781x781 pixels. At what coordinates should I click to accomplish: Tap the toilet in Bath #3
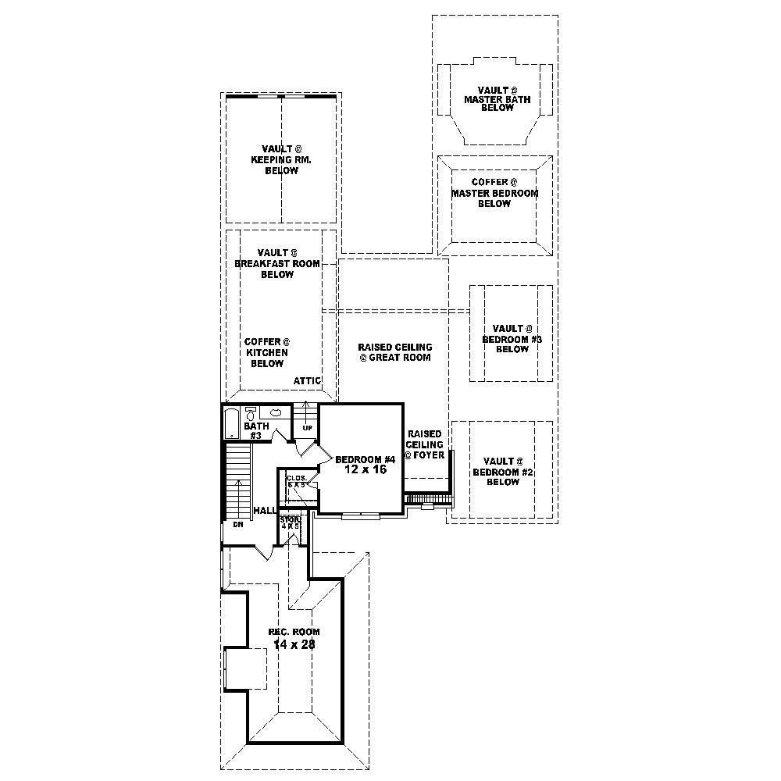251,414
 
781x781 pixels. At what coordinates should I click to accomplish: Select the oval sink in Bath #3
276,412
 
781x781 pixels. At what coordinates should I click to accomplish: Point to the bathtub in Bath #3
231,423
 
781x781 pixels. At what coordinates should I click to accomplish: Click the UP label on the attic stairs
307,428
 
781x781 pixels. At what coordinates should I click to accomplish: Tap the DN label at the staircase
238,525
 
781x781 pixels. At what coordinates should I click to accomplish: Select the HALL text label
265,510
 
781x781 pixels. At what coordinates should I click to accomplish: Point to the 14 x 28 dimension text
294,644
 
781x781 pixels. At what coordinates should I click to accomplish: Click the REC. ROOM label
294,632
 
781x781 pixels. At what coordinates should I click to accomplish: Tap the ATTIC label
308,380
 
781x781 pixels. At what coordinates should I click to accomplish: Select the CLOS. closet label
295,478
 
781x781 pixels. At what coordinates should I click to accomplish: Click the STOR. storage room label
291,519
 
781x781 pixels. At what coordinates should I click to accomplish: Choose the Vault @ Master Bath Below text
497,99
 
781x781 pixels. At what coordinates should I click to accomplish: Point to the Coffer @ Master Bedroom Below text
494,193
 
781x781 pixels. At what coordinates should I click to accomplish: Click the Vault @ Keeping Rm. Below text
281,159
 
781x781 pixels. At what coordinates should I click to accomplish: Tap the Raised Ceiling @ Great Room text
394,352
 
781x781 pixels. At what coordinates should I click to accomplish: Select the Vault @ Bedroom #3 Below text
512,339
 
